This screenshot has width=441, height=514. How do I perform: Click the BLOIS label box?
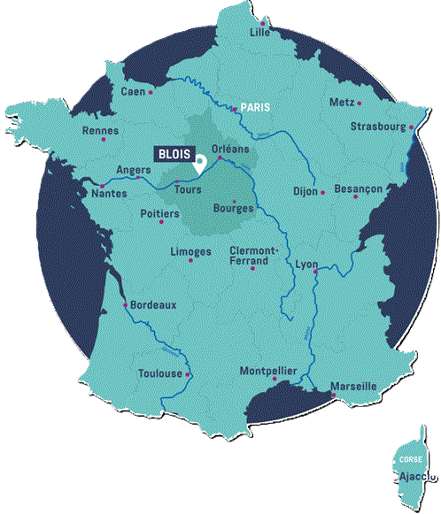coord(174,152)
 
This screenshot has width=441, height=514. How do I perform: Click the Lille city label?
coord(259,32)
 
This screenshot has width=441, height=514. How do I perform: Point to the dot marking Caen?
coord(151,91)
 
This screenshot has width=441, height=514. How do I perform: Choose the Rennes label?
coord(99,130)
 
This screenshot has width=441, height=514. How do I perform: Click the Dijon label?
coord(305,191)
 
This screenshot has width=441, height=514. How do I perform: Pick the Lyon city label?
coord(306,265)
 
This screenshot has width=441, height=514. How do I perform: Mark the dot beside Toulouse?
coord(188,374)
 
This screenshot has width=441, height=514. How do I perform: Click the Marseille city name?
coord(353,387)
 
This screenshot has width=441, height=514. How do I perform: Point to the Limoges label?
coord(190,251)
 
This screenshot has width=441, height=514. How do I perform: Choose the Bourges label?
coord(234,209)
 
